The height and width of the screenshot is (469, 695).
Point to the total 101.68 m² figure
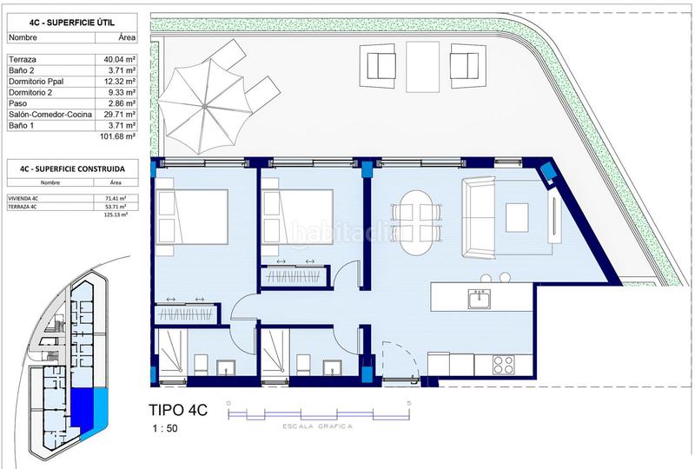click(x=119, y=136)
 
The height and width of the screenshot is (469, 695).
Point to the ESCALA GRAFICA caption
click(x=317, y=427)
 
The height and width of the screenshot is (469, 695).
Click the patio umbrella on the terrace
click(x=205, y=105)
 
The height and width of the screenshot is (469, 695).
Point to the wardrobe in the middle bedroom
click(x=295, y=277)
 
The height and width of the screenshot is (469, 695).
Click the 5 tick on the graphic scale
click(x=409, y=403)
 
